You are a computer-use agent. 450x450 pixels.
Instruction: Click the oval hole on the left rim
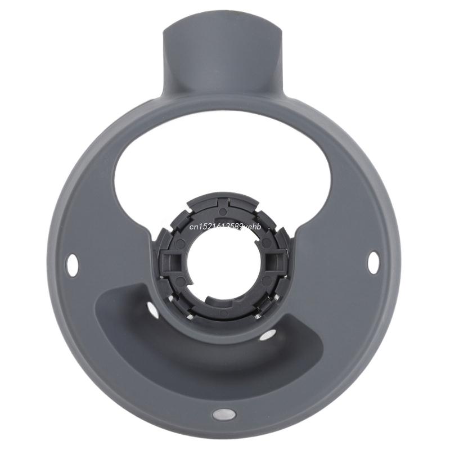point(73,262)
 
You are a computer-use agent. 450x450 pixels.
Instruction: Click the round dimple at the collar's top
point(223,211)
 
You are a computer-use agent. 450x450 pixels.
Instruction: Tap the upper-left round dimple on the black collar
point(182,243)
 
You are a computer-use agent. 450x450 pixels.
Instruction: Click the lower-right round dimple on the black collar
point(265,279)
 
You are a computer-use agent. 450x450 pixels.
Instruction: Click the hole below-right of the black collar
point(269,335)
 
